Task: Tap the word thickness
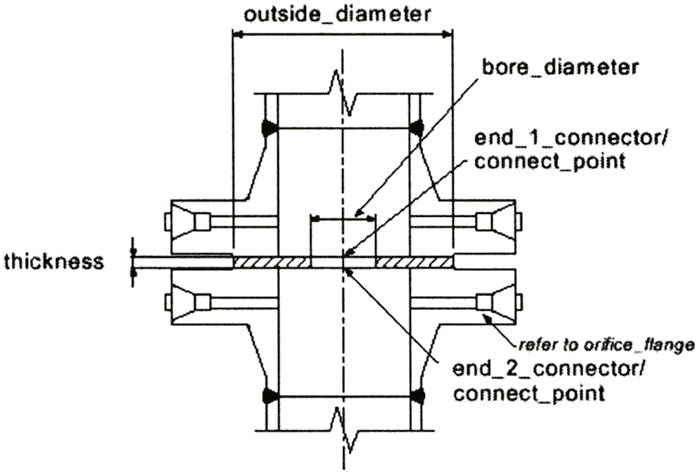tap(54, 262)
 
